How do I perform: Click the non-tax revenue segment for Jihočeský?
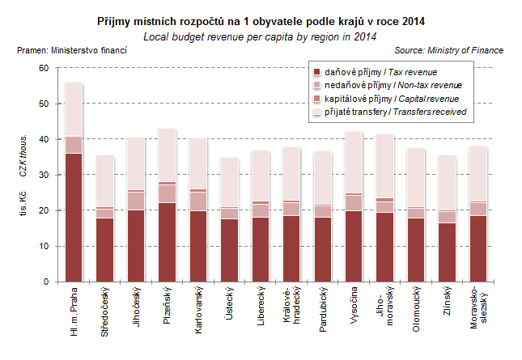(x=136, y=200)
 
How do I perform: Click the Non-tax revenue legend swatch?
(x=316, y=85)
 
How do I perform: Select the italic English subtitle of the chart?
(x=260, y=37)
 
